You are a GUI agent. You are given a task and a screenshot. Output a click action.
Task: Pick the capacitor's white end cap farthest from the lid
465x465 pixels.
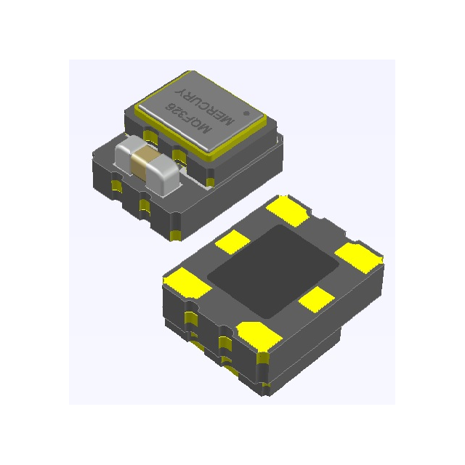coord(126,155)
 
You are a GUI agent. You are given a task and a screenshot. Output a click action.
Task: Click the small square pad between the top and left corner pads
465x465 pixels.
coord(233,241)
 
